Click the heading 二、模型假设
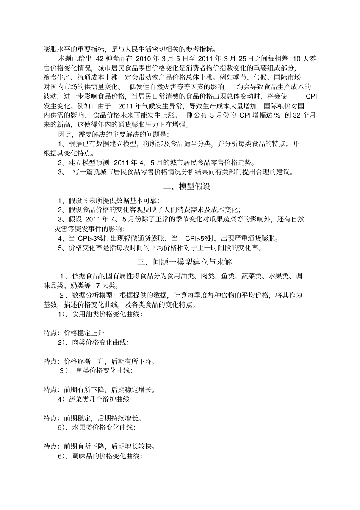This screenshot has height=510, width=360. click(186, 187)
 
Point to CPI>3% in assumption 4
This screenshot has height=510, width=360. click(92, 239)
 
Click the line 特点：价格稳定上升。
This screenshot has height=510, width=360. click(75, 333)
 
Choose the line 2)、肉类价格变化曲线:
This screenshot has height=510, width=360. click(93, 342)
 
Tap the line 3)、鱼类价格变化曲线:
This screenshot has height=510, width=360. click(96, 371)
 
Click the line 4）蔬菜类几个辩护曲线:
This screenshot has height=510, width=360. click(95, 399)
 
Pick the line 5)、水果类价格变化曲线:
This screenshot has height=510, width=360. click(96, 427)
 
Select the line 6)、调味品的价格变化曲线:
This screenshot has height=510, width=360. click(100, 456)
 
